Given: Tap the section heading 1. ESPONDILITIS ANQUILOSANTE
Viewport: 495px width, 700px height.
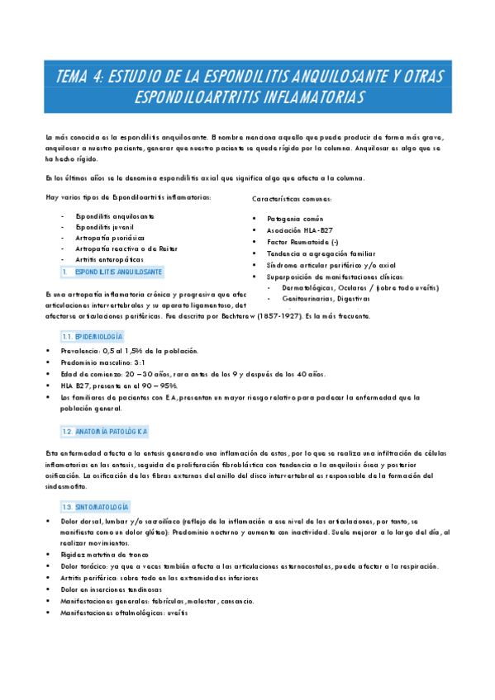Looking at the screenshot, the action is (118, 272).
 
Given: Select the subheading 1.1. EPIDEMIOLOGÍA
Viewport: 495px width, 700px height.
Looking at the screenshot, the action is (92, 338).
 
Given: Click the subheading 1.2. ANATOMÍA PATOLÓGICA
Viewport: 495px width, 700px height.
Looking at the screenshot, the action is (105, 432).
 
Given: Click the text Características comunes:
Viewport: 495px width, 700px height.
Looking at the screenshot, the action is (292, 200).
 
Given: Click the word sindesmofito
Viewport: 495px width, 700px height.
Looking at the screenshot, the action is (69, 487).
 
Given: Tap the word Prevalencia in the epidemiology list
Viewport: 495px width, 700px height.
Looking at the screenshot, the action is (79, 351).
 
